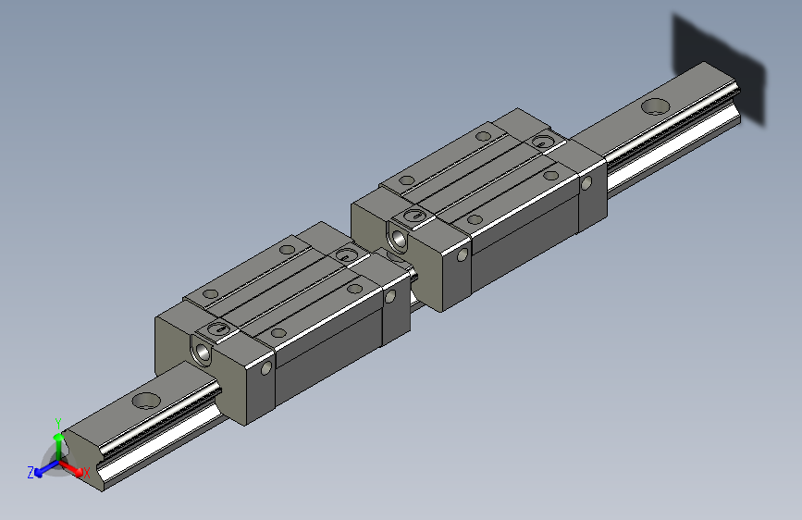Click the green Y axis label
57,420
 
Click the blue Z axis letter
31,472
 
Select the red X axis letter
86,472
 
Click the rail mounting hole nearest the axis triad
146,402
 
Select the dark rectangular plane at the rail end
720,68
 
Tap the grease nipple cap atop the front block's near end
219,329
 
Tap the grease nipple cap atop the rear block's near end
415,217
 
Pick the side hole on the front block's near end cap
266,368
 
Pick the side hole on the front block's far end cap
389,296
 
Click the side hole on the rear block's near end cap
463,255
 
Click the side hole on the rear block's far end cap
586,182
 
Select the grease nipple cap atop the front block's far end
346,254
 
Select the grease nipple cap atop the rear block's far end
542,142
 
